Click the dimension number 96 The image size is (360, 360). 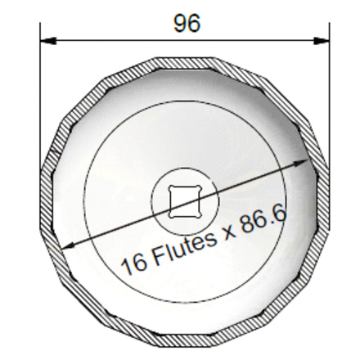pos(187,24)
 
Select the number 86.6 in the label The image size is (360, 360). pos(264,219)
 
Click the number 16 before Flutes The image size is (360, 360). pos(134,264)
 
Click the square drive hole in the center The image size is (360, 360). pos(185,202)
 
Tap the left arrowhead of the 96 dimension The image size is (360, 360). pos(48,41)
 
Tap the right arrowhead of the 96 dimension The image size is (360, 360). pos(322,41)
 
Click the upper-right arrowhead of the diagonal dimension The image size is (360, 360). pos(301,163)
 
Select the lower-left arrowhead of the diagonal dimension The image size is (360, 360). pos(67,245)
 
